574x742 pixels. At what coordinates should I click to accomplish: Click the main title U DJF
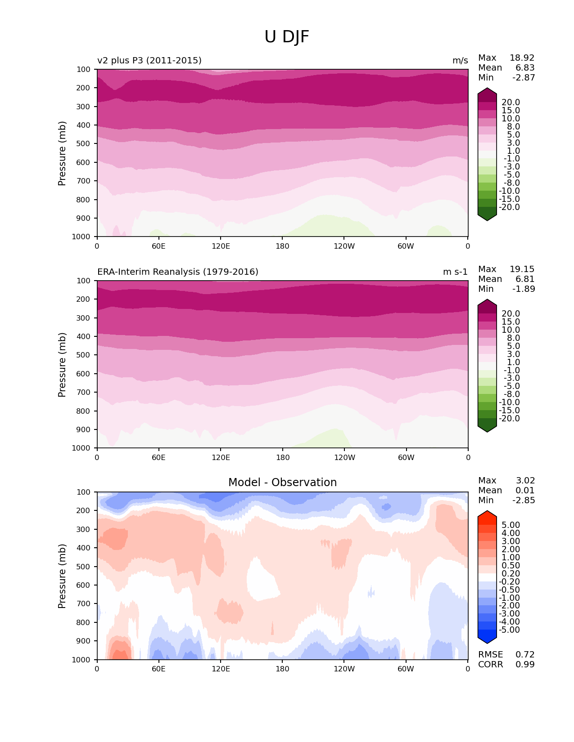click(287, 37)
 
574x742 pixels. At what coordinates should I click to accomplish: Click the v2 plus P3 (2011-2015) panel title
click(149, 61)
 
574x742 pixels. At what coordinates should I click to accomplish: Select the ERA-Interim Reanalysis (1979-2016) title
click(178, 272)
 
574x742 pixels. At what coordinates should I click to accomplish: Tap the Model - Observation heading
click(282, 483)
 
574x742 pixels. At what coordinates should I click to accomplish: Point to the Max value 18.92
click(522, 58)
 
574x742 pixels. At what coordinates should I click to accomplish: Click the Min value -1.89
click(524, 289)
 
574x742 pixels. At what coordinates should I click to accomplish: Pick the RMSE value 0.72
click(525, 655)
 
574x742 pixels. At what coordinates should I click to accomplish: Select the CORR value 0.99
click(525, 665)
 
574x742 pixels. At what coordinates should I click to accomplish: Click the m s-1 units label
click(455, 272)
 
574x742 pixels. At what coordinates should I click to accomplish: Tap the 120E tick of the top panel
click(221, 246)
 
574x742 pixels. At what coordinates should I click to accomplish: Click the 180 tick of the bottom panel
click(282, 669)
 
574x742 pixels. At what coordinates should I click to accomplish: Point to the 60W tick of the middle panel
click(406, 458)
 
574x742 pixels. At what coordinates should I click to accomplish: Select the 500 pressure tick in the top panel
click(84, 144)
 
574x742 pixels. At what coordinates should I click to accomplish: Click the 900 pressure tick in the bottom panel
click(84, 641)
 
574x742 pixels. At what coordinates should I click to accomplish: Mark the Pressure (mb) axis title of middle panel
click(62, 365)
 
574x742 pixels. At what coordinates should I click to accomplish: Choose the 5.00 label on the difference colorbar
click(511, 525)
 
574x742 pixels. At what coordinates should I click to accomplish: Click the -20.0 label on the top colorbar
click(511, 207)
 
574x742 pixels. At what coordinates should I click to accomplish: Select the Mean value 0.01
click(525, 491)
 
